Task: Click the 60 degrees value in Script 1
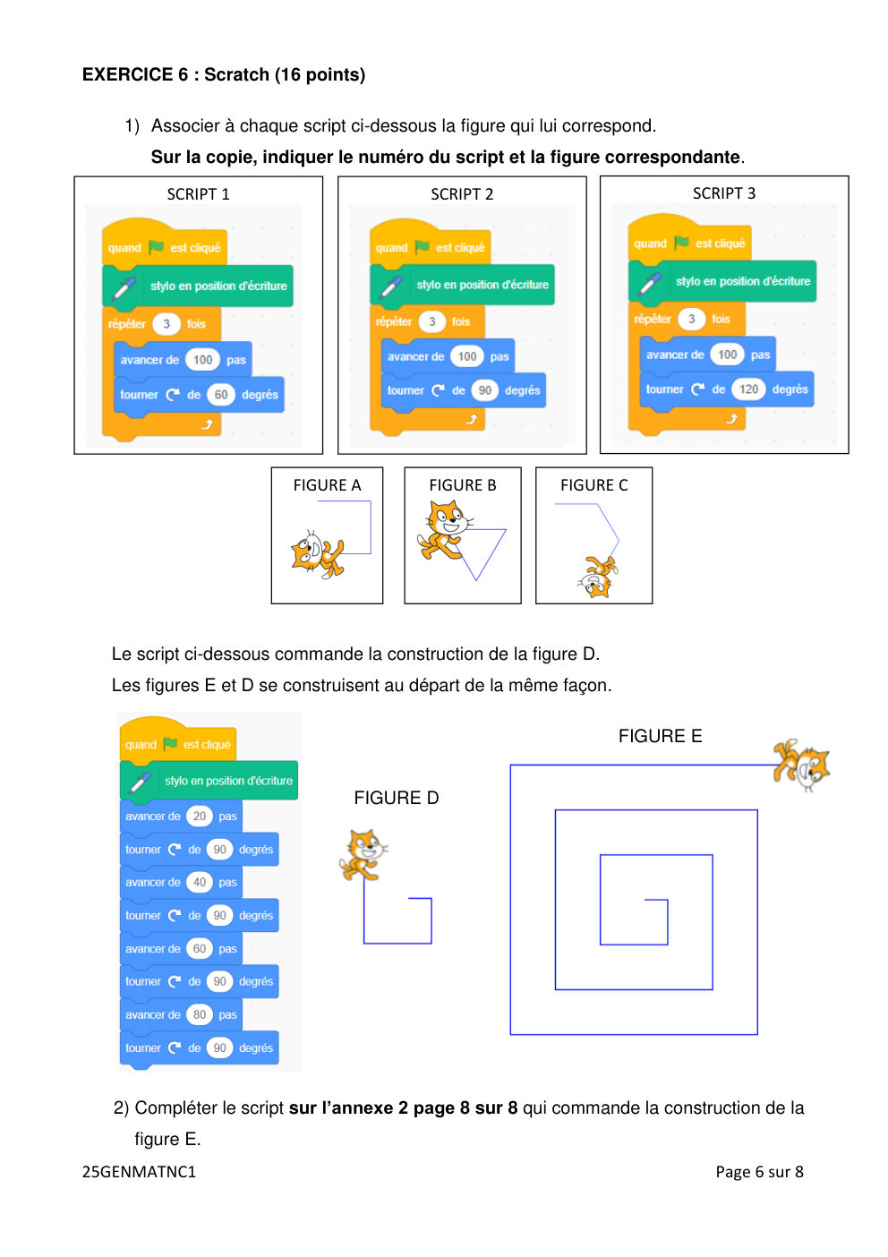[x=220, y=395]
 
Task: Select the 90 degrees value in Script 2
[x=484, y=390]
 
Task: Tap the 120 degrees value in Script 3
[x=748, y=389]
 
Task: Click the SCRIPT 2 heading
[x=462, y=194]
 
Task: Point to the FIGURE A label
[x=327, y=485]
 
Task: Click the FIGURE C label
[x=594, y=485]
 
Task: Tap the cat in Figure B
[x=445, y=530]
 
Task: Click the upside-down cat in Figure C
[x=597, y=577]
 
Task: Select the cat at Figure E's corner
[x=801, y=765]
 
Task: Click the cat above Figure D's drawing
[x=363, y=854]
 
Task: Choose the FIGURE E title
[x=660, y=736]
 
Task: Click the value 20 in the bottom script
[x=199, y=816]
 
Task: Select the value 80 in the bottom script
[x=199, y=1014]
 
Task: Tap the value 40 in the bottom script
[x=199, y=882]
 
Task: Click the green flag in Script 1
[x=156, y=247]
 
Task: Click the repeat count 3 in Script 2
[x=431, y=321]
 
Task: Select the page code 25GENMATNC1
[x=139, y=1172]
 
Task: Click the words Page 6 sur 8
[x=759, y=1172]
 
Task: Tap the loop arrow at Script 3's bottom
[x=731, y=419]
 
